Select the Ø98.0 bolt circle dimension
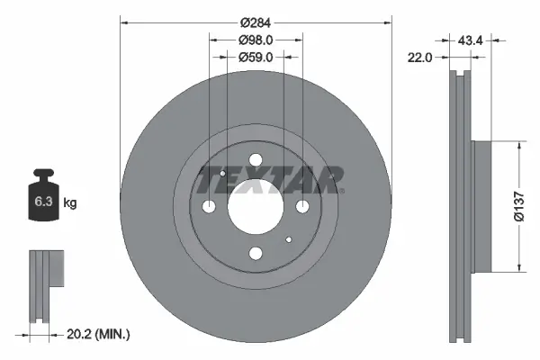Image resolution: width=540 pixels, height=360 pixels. [x=256, y=40]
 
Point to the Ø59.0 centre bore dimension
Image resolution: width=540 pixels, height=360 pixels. [x=256, y=58]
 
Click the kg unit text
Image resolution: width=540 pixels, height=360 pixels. [x=70, y=203]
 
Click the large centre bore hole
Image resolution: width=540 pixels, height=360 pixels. [x=256, y=206]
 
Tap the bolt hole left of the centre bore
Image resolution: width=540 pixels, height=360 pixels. [x=211, y=206]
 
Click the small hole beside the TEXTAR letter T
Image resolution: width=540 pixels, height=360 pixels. [x=222, y=173]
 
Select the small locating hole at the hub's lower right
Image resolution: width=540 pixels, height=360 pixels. [x=288, y=239]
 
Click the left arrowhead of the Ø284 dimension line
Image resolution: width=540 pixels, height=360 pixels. [x=123, y=22]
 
